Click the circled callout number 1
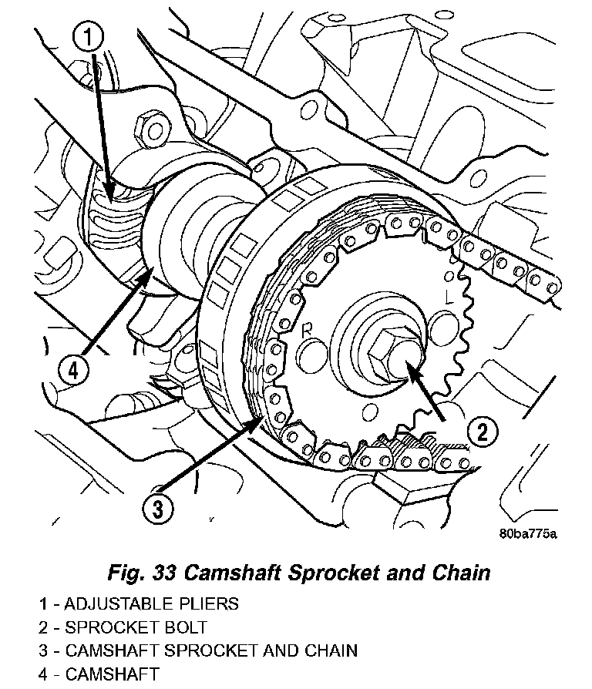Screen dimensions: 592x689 [x=88, y=37]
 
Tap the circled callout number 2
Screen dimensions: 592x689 [x=482, y=432]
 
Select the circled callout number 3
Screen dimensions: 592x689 [x=158, y=509]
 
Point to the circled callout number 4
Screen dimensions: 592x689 [x=73, y=371]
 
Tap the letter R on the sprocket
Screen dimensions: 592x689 [x=306, y=331]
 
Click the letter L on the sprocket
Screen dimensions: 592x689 [x=449, y=297]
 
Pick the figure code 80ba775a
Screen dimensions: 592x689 [x=528, y=533]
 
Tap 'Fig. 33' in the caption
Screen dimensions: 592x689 [x=142, y=573]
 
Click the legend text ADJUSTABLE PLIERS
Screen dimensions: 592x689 [x=152, y=603]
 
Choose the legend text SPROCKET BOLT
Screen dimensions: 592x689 [x=136, y=627]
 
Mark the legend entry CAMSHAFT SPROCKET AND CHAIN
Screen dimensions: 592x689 [x=211, y=650]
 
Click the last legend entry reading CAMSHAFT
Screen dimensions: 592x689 [x=112, y=674]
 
